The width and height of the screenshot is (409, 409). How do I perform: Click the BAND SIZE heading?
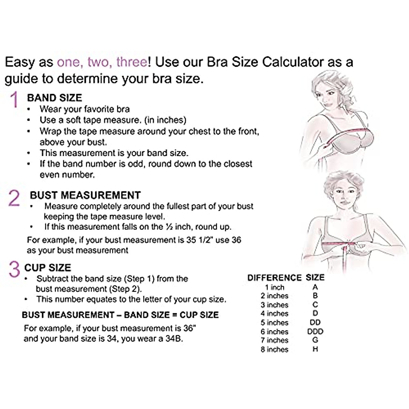(55, 98)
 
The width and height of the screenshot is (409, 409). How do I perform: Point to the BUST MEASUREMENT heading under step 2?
(85, 195)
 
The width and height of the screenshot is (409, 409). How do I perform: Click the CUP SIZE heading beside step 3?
(48, 268)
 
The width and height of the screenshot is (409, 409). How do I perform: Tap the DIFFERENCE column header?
(274, 278)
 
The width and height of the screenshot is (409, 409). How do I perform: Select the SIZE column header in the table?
(315, 277)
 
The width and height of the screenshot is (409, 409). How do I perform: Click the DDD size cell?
(315, 331)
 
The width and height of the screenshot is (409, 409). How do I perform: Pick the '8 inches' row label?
(274, 349)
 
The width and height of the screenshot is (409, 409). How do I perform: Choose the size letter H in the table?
(315, 349)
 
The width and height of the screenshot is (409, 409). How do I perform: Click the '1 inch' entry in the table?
(274, 287)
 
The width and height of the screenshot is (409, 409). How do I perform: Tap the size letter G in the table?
(315, 340)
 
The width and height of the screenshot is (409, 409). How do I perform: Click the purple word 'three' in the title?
(131, 62)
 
